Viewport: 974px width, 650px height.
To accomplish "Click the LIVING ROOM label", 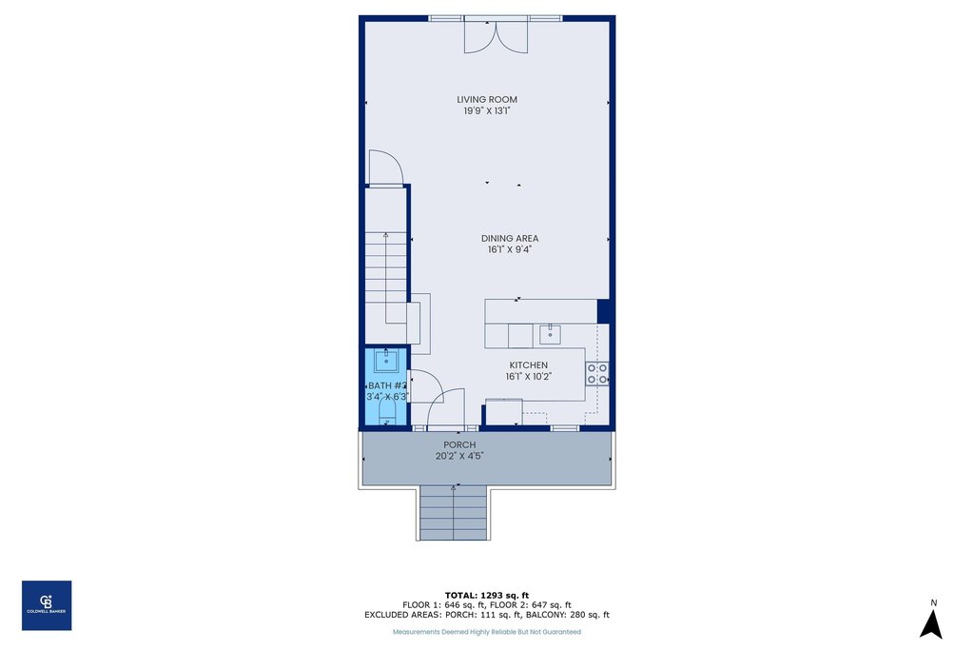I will pos(486,99).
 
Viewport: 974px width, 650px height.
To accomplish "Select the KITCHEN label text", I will pos(528,365).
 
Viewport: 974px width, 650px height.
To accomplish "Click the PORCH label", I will pos(459,444).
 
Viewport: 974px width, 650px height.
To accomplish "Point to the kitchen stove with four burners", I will pos(597,373).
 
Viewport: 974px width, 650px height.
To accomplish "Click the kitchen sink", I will pos(549,334).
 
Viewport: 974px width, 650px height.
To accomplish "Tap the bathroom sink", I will pos(386,360).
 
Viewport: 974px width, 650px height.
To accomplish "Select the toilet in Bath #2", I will pos(387,411).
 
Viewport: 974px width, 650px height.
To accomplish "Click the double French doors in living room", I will pos(495,36).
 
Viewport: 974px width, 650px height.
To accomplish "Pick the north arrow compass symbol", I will pos(933,620).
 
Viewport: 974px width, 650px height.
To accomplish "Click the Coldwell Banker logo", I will pos(47,605).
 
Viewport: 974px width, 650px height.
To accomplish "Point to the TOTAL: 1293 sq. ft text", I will pos(486,595).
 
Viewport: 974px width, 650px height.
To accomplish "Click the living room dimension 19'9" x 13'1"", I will pos(486,110).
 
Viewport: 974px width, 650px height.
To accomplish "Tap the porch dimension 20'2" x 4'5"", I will pos(459,456).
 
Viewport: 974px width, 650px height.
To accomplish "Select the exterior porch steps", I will pos(453,513).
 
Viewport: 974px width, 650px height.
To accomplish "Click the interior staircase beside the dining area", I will pos(385,276).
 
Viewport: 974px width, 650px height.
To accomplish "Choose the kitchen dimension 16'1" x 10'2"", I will pos(528,377).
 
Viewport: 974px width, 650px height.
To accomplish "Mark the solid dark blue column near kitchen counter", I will pos(603,311).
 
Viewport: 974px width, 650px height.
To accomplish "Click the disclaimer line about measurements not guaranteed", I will pos(486,632).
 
